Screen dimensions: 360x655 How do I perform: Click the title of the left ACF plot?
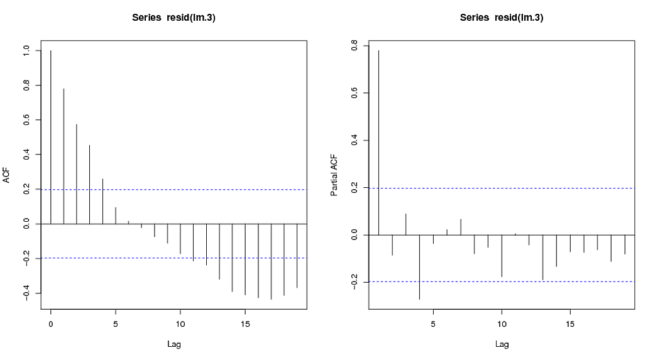(173, 18)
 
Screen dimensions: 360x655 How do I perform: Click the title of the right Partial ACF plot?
(502, 18)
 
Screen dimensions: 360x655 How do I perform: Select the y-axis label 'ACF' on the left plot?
(7, 175)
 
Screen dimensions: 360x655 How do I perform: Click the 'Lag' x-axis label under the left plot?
(173, 344)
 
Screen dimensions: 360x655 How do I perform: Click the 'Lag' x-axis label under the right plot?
(502, 344)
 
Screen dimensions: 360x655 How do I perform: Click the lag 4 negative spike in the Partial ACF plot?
(419, 267)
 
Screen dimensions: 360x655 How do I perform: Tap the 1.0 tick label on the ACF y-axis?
(26, 51)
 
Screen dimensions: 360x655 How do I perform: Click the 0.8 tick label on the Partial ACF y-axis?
(354, 46)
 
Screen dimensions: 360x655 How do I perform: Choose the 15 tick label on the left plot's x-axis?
(245, 324)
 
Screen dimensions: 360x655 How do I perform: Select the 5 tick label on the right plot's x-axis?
(433, 324)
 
